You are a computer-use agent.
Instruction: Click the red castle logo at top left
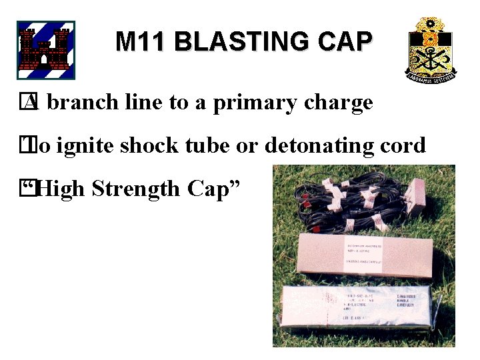pos(45,50)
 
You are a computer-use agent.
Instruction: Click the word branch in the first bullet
pos(83,103)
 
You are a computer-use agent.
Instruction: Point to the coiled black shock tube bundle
pos(347,200)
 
